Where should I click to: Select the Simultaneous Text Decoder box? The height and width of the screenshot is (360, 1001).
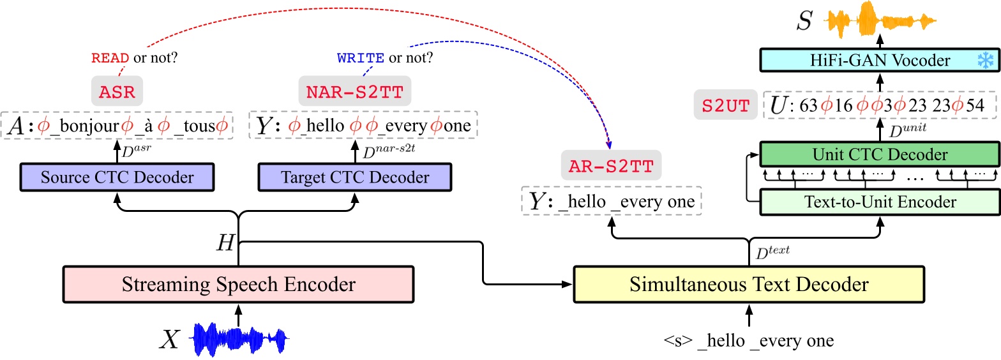click(x=749, y=284)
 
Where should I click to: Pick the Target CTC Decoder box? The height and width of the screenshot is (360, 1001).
click(x=355, y=177)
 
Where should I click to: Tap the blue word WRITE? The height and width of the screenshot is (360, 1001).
click(x=361, y=59)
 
